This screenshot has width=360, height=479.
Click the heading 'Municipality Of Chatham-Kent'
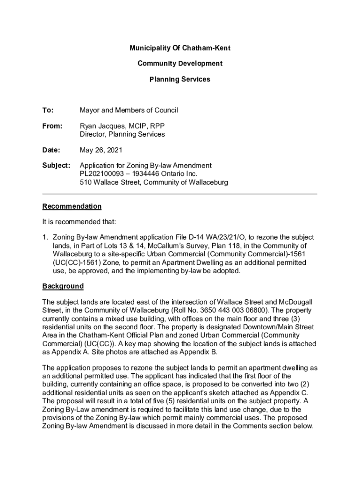pyautogui.click(x=180, y=48)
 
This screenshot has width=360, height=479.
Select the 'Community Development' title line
pyautogui.click(x=180, y=64)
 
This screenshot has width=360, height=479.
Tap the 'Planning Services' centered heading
pyautogui.click(x=180, y=80)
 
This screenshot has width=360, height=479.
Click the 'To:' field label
pyautogui.click(x=48, y=110)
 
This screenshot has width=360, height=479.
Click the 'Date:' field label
pyautogui.click(x=51, y=150)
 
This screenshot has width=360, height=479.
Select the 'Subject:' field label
pyautogui.click(x=56, y=166)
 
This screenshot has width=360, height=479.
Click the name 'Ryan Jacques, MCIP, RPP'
pyautogui.click(x=122, y=126)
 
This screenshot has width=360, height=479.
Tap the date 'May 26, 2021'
pyautogui.click(x=101, y=150)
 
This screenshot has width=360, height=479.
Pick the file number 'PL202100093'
pyautogui.click(x=103, y=174)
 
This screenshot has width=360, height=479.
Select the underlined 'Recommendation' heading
pyautogui.click(x=72, y=206)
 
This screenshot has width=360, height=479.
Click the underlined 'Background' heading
pyautogui.click(x=63, y=286)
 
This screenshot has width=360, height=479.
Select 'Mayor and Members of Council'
pyautogui.click(x=129, y=110)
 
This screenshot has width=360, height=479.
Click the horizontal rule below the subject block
pyautogui.click(x=180, y=194)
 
